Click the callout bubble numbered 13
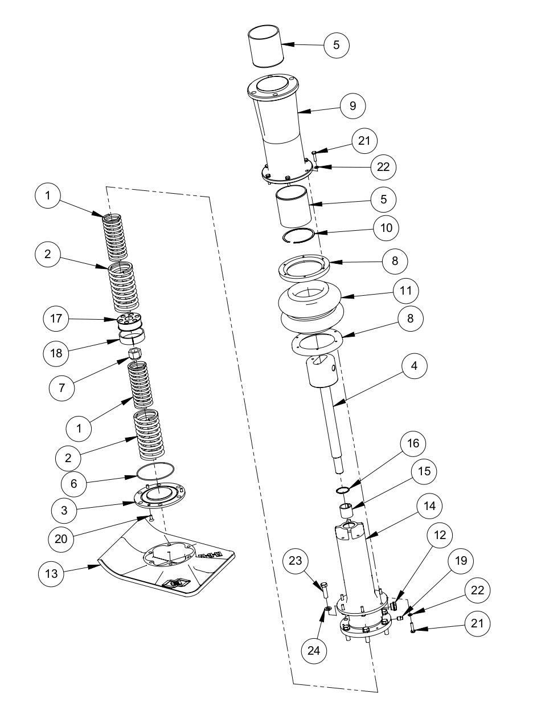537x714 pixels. [51, 573]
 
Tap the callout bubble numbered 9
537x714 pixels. [352, 105]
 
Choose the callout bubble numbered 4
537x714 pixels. [414, 366]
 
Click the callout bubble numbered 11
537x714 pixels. [405, 291]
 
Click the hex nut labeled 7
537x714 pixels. [136, 354]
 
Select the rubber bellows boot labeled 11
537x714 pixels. [310, 305]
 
